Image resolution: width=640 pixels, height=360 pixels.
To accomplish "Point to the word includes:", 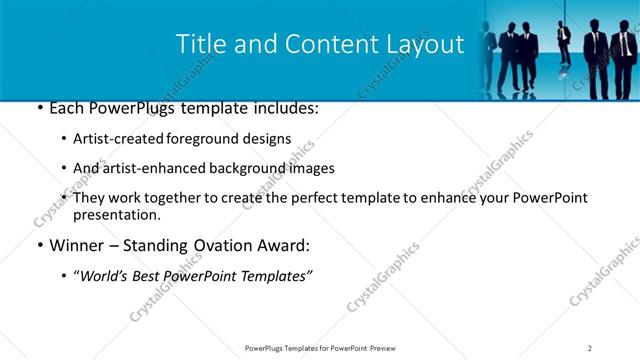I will [x=284, y=108].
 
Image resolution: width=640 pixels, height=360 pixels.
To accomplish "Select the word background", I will [x=253, y=169].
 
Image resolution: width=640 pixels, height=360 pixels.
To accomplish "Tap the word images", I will [x=311, y=169].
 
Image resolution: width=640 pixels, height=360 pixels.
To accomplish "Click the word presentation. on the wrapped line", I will [x=116, y=215].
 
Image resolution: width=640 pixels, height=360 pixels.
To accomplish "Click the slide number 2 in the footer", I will [x=590, y=348].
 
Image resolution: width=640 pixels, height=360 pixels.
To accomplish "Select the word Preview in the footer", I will [x=387, y=348].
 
